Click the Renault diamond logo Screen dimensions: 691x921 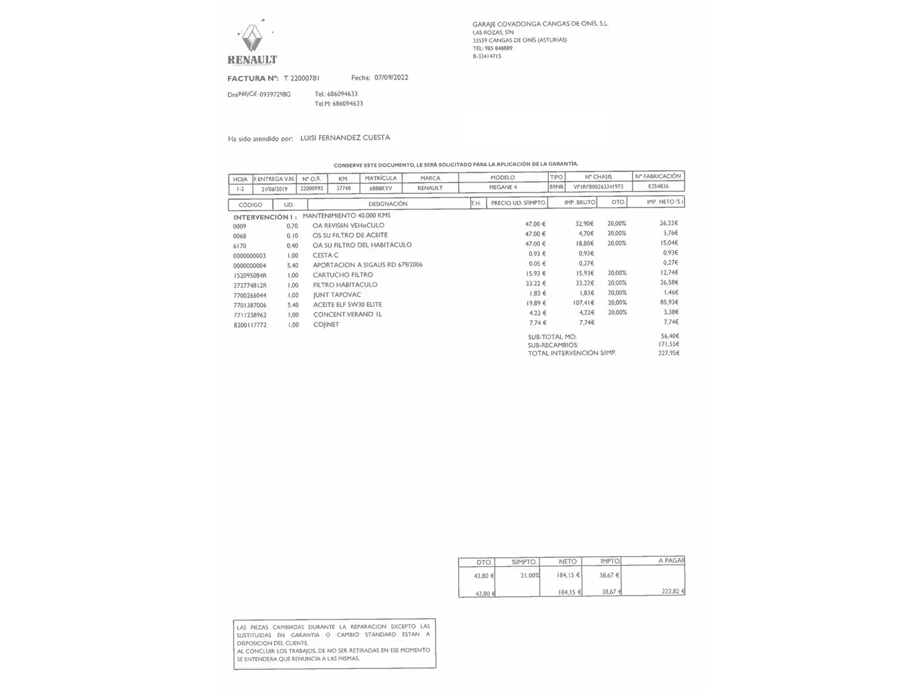[253, 38]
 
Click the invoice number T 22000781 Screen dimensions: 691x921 [301, 78]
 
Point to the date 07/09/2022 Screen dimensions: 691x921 [391, 77]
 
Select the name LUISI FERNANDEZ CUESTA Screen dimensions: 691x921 [345, 138]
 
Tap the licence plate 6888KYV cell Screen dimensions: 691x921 [381, 188]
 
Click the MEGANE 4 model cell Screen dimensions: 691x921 [503, 187]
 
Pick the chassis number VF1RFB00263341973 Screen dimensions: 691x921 [598, 187]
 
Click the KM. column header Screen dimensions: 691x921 [343, 179]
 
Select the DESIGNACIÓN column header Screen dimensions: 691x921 [388, 204]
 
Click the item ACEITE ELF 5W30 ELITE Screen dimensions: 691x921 [347, 305]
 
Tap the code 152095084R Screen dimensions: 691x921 [250, 275]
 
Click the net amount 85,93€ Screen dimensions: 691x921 [668, 302]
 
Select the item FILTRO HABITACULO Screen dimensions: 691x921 [345, 285]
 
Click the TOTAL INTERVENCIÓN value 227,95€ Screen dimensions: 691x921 [668, 353]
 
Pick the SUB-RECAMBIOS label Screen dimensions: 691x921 [553, 345]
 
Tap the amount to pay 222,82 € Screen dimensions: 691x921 [673, 591]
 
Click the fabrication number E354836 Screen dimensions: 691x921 [658, 186]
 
